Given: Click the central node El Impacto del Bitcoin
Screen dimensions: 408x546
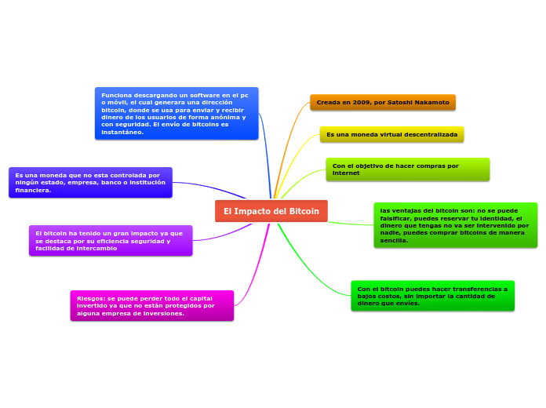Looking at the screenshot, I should [271, 211].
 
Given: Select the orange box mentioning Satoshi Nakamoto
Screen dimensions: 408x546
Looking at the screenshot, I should [382, 103].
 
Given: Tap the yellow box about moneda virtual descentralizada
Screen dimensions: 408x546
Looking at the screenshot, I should [391, 135].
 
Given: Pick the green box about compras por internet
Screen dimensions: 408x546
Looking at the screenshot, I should [407, 169].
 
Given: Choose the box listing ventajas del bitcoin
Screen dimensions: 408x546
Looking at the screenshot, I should [455, 225].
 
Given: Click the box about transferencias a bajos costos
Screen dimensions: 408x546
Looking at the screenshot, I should [432, 296].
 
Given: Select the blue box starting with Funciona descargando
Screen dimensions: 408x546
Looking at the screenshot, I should [177, 113].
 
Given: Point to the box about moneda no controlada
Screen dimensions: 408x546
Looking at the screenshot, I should [90, 183].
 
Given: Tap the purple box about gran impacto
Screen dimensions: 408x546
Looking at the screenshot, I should [111, 241].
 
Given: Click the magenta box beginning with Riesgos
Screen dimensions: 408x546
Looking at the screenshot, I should [151, 306].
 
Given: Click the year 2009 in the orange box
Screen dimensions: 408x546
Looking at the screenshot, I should [362, 103].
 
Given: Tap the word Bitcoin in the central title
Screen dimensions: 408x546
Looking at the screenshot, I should [304, 212].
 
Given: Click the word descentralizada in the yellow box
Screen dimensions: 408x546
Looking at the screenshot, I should [430, 135].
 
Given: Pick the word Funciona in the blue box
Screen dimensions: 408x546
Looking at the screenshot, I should [117, 94].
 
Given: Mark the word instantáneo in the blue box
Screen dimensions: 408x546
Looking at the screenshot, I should [122, 132].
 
